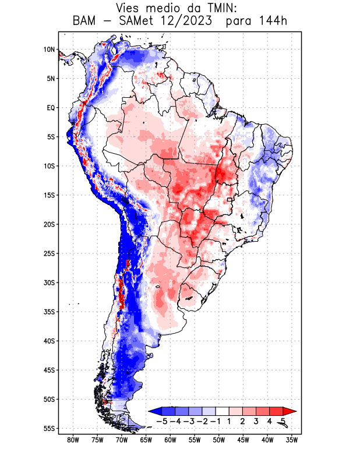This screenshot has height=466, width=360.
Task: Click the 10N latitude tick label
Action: pyautogui.click(x=49, y=50)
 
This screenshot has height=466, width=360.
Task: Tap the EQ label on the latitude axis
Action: pyautogui.click(x=50, y=108)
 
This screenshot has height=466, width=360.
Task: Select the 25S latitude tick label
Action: pyautogui.click(x=48, y=253)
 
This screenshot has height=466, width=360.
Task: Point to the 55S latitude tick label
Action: pyautogui.click(x=48, y=428)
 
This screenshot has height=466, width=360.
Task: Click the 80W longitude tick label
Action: pyautogui.click(x=73, y=440)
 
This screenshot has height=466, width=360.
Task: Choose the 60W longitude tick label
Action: pyautogui.click(x=170, y=440)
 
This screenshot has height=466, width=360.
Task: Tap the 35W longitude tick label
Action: pyautogui.click(x=292, y=440)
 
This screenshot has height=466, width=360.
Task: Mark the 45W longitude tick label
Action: pyautogui.click(x=243, y=440)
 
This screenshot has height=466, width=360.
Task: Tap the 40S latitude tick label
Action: pyautogui.click(x=48, y=341)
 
